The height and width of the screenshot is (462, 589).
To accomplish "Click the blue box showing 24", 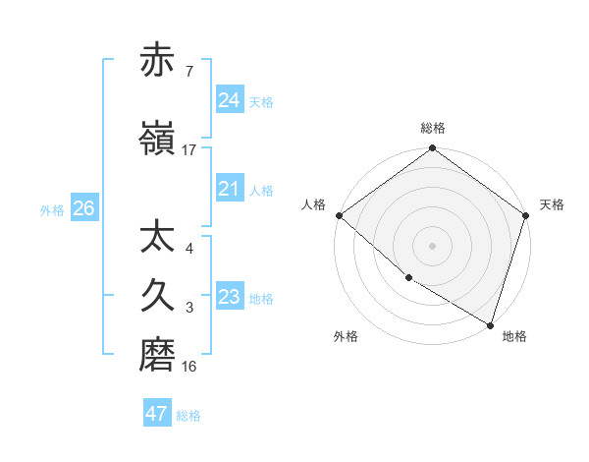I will [230, 99].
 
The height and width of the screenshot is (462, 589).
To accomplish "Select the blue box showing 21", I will [230, 189].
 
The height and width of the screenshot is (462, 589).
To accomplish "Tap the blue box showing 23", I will [230, 297].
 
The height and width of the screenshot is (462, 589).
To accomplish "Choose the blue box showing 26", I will [83, 208].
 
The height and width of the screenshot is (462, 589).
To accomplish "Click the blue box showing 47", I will [157, 414].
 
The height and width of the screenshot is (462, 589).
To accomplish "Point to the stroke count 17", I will [189, 149].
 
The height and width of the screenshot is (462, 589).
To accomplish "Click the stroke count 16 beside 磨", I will [189, 366].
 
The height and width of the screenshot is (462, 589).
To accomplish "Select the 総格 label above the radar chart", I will [433, 128].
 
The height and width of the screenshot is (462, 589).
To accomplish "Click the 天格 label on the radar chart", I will [553, 204].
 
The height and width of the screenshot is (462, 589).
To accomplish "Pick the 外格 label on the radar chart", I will [346, 336].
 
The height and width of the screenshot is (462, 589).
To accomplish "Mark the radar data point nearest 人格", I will [339, 215].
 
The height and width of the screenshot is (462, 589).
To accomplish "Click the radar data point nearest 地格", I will [490, 323].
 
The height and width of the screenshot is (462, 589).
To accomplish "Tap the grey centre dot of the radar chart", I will [433, 245].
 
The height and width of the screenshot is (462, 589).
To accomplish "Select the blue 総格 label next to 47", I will [189, 416].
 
